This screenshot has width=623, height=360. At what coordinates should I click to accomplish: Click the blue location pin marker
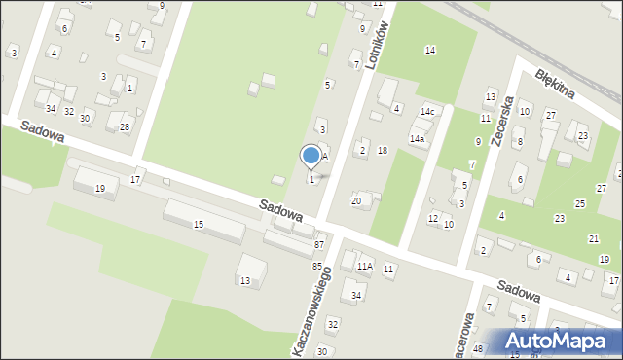[x=311, y=156]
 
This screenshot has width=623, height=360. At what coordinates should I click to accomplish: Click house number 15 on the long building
[x=199, y=225]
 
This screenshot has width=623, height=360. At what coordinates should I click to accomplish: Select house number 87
[x=319, y=244]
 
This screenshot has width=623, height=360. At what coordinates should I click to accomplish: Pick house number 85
[x=316, y=266]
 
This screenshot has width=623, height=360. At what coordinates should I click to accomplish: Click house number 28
[x=125, y=127]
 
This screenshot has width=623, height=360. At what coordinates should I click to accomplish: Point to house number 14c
[x=426, y=112]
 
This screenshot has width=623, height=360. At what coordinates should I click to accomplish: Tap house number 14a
[x=417, y=139]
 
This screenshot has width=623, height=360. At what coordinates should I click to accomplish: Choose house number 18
[x=383, y=150]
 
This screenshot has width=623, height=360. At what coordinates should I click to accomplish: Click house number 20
[x=356, y=200]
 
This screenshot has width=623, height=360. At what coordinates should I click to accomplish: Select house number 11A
[x=364, y=266]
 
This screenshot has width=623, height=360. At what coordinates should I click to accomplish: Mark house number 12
[x=433, y=218]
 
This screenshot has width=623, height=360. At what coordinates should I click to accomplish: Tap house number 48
[x=477, y=348]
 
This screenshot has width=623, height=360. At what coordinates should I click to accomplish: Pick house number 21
[x=593, y=238]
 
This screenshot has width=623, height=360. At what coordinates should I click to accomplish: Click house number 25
[x=580, y=203]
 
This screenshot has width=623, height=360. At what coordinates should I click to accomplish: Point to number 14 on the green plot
[x=429, y=50]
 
